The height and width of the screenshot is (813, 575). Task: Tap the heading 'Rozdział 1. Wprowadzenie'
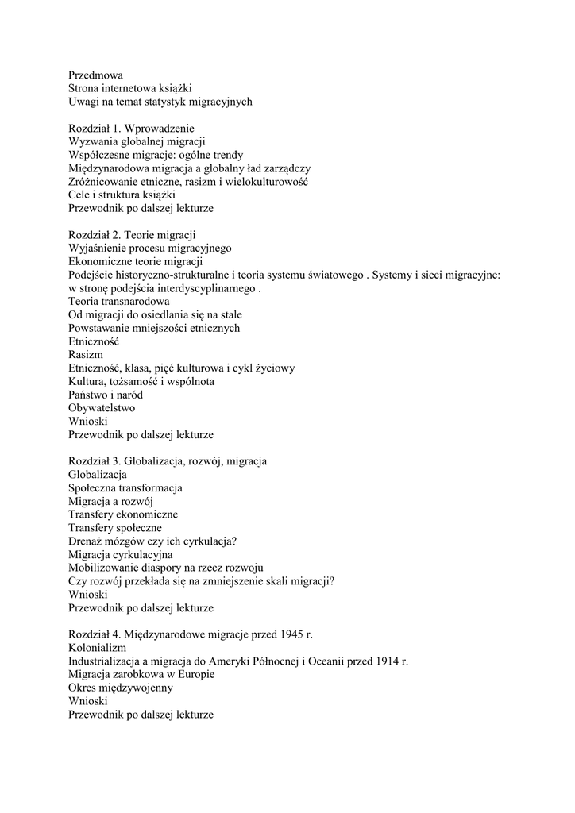(131, 128)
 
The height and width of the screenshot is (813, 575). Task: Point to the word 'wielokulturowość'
(268, 181)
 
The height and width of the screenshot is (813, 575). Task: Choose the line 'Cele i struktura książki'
(122, 195)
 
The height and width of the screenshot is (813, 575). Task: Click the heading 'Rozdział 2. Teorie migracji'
(132, 234)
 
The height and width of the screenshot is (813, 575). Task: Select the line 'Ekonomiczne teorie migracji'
(136, 261)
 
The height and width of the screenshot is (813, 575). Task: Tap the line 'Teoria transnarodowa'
(118, 302)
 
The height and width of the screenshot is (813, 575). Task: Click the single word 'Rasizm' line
(86, 355)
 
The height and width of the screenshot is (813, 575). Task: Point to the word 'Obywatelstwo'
(102, 408)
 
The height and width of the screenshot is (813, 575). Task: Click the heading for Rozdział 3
(168, 461)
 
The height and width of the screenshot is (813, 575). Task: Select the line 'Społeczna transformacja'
(125, 487)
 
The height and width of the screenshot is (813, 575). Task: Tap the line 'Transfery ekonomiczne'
(123, 514)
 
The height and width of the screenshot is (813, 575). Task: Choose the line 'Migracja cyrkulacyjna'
(121, 554)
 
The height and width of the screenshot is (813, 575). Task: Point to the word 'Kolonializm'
(98, 648)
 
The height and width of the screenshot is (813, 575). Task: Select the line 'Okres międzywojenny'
(121, 688)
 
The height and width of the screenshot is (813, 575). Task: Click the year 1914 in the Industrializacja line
(384, 661)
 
